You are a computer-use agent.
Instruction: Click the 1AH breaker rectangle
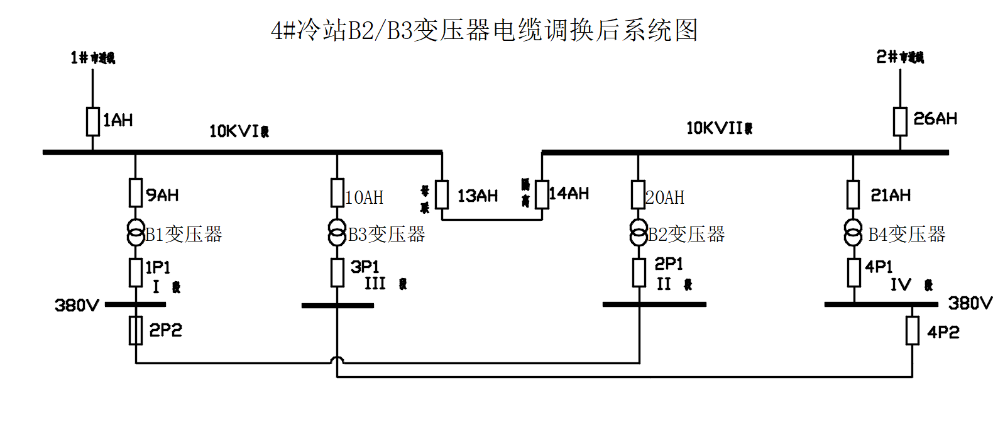pos(93,121)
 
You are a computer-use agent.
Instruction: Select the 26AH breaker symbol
pos(900,121)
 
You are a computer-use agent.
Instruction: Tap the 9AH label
pos(163,195)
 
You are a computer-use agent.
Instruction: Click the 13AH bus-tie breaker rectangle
pos(442,194)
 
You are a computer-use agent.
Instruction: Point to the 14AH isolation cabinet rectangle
pos(542,194)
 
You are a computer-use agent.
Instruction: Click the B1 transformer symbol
pos(136,232)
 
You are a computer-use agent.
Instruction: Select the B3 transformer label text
pos(387,235)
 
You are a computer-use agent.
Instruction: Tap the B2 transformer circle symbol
pos(639,232)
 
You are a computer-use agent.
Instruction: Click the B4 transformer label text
pos(906,235)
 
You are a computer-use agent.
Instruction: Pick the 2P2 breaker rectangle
pos(136,330)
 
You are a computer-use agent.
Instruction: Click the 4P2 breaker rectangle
pos(912,330)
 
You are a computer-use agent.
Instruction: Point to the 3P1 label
pos(365,267)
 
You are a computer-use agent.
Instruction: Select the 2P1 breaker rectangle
pos(639,272)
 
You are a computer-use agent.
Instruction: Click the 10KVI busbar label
pos(239,131)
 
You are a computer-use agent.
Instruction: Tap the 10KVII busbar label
pos(719,128)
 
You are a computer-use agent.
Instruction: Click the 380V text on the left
pos(77,306)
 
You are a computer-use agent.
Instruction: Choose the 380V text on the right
pos(970,303)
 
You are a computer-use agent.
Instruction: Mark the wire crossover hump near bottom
pos(337,360)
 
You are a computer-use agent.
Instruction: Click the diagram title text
pos(484,30)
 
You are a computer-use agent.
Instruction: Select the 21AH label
pos(891,195)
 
